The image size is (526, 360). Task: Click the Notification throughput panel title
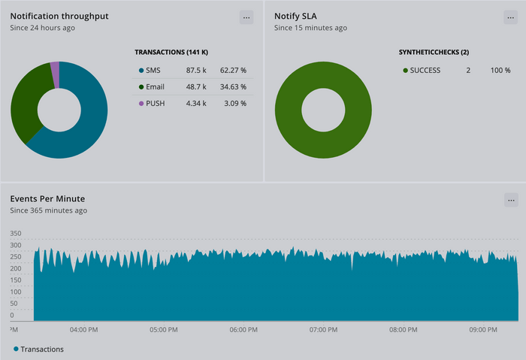click(x=59, y=16)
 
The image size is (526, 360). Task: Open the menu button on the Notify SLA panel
click(x=510, y=17)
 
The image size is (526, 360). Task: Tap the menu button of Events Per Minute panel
click(x=511, y=200)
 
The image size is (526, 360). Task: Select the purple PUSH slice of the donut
click(x=55, y=75)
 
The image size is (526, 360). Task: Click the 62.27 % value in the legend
click(x=233, y=70)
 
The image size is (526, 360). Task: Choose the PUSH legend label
click(x=156, y=103)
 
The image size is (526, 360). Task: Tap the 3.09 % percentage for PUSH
click(x=235, y=103)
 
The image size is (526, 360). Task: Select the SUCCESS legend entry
click(x=425, y=70)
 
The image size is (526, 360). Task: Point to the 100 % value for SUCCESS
click(x=500, y=70)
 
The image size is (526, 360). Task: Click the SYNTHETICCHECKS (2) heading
click(x=434, y=52)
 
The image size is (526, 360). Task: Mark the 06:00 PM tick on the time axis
click(x=243, y=329)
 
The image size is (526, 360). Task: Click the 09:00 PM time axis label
click(x=483, y=329)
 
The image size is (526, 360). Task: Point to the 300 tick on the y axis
click(x=17, y=245)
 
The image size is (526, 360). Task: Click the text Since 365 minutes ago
click(x=48, y=210)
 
